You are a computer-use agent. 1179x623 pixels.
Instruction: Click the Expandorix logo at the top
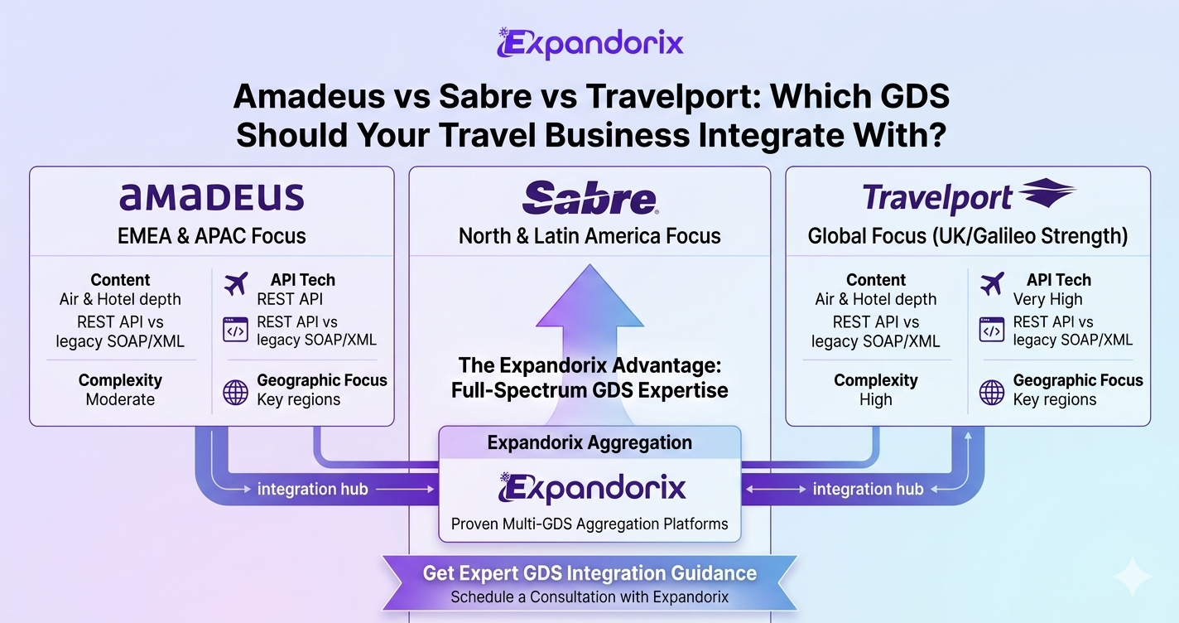590,43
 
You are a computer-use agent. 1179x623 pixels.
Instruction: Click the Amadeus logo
212,197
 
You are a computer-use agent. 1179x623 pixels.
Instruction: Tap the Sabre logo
590,197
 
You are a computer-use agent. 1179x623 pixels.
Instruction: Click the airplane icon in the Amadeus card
236,284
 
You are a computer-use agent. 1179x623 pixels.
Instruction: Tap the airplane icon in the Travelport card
992,284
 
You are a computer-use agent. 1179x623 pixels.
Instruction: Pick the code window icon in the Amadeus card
235,331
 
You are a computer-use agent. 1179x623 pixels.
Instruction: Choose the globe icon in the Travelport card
992,393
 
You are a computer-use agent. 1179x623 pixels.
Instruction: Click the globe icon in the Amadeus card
235,393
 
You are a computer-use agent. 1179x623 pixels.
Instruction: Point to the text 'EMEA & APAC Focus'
212,236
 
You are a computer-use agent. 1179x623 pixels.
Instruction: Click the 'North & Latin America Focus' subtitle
589,236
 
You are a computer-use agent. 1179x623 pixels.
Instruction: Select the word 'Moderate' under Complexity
120,399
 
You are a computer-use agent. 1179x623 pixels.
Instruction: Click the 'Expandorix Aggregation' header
589,442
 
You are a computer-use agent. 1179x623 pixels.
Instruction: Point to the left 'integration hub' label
313,490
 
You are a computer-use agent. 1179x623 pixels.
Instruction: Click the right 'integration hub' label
868,490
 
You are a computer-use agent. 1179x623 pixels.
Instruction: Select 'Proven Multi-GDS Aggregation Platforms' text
589,524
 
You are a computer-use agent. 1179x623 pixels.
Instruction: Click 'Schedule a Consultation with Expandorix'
589,597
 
